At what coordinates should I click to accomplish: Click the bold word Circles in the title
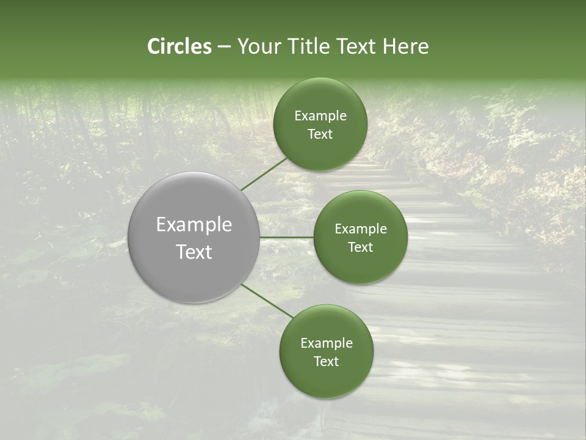pyautogui.click(x=179, y=46)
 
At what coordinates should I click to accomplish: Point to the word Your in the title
pyautogui.click(x=259, y=46)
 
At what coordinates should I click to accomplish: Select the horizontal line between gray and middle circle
pyautogui.click(x=287, y=237)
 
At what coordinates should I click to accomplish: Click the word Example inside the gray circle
pyautogui.click(x=194, y=225)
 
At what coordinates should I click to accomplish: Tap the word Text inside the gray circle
pyautogui.click(x=194, y=252)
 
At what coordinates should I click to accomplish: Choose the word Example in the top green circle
pyautogui.click(x=320, y=116)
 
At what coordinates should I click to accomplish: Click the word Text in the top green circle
pyautogui.click(x=320, y=134)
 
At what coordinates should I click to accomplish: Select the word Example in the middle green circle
pyautogui.click(x=361, y=229)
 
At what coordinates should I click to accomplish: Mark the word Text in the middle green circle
pyautogui.click(x=360, y=248)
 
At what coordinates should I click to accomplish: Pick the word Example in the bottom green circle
pyautogui.click(x=327, y=343)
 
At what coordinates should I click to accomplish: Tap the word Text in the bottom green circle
pyautogui.click(x=326, y=362)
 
